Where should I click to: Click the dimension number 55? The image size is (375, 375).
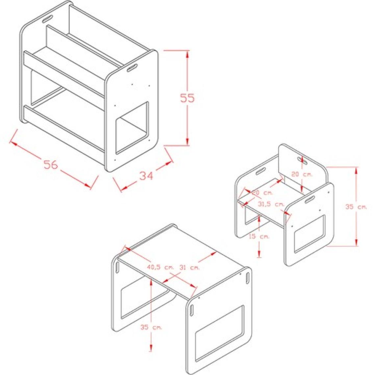[187, 98]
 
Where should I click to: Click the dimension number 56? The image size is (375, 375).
[51, 164]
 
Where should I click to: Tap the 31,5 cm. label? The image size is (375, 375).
[271, 205]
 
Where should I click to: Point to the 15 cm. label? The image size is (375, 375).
[259, 237]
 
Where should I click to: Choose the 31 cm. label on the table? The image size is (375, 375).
[190, 268]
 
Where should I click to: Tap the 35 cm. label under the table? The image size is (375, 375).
[151, 327]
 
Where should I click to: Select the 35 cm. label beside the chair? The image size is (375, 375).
[356, 207]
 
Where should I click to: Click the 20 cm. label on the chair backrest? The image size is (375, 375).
[302, 174]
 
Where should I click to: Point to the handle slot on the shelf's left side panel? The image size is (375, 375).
[48, 19]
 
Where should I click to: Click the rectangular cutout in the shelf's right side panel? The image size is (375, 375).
[132, 128]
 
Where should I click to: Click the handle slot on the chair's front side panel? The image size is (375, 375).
[310, 199]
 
